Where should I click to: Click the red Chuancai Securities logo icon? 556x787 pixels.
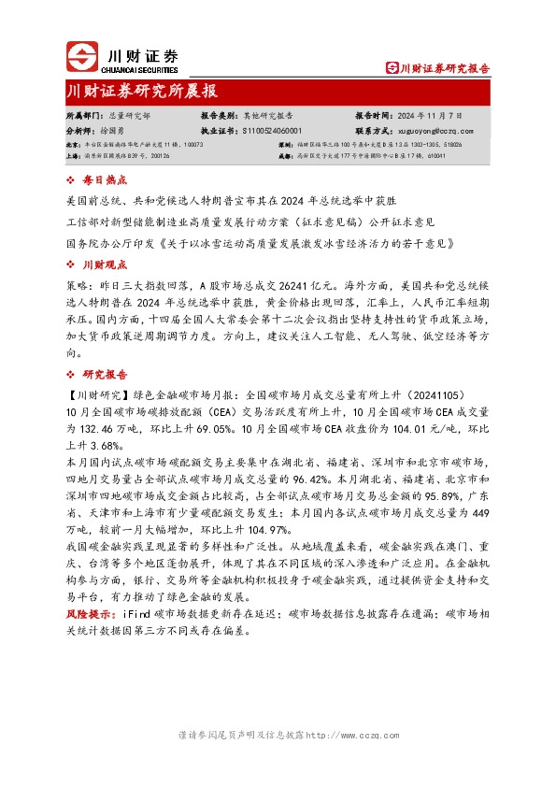click(81, 57)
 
